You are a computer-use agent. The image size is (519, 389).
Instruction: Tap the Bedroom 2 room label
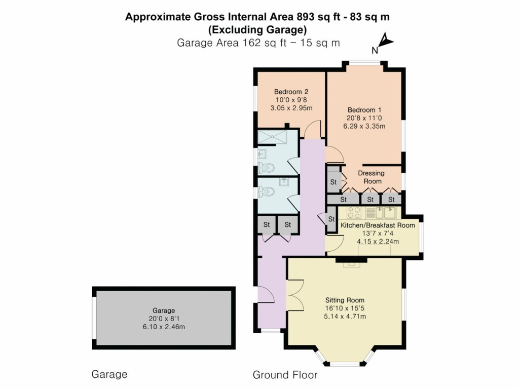(291, 92)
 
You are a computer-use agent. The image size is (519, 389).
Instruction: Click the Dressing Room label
(371, 177)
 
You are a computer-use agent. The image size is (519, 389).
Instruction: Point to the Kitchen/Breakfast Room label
(378, 225)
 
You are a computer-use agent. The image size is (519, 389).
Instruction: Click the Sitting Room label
(345, 300)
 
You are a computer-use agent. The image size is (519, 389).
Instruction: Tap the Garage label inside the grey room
(163, 310)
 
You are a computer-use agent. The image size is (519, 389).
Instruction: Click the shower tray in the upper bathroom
(272, 137)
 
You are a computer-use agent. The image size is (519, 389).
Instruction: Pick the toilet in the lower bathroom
(267, 191)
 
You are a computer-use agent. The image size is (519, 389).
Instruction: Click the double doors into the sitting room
(294, 295)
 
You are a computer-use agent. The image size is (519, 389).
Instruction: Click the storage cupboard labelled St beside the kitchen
(331, 219)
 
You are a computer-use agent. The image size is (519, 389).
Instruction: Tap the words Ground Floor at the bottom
(285, 375)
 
